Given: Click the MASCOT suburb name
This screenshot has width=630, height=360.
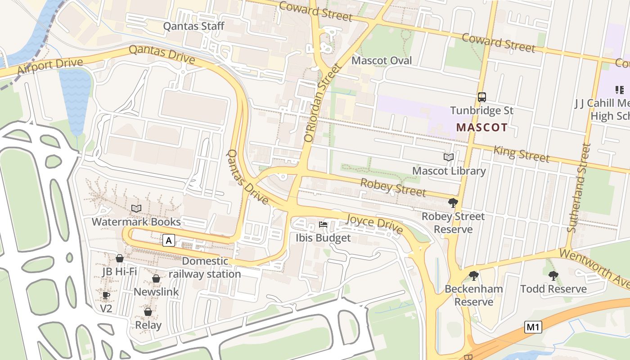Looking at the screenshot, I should click(x=482, y=127).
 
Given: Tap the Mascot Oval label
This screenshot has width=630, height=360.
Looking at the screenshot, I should click(x=382, y=60).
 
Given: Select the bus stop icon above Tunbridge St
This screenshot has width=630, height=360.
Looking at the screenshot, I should click(x=482, y=97).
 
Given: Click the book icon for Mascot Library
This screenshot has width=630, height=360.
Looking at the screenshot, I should click(x=449, y=157).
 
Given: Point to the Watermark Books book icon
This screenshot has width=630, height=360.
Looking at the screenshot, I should click(x=136, y=208).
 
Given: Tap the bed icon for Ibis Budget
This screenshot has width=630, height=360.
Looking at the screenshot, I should click(x=323, y=224).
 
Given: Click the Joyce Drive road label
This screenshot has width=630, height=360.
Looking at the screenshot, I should click(x=374, y=224).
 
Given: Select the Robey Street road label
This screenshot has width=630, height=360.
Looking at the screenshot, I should click(x=393, y=187).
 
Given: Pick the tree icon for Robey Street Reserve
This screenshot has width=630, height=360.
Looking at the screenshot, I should click(x=453, y=203).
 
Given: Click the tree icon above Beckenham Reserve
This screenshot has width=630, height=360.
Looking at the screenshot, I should click(x=473, y=275).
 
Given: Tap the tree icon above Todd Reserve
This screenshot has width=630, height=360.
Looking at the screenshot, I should click(x=553, y=275).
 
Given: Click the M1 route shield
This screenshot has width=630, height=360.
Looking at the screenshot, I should click(x=533, y=327).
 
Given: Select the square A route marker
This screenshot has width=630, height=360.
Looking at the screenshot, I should click(x=169, y=241).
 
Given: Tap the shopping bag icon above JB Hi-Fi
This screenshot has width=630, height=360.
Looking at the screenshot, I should click(x=120, y=258).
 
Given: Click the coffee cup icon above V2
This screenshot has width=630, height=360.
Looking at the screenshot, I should click(x=106, y=295).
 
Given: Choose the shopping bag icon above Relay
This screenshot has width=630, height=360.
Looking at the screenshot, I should click(x=148, y=311).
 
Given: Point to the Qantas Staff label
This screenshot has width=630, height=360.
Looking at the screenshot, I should click(x=193, y=26).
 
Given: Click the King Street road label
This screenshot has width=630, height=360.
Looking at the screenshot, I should click(x=521, y=153).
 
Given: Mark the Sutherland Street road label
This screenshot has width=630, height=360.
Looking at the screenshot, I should click(x=578, y=188).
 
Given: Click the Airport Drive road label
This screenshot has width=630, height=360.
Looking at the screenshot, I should click(x=50, y=67).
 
